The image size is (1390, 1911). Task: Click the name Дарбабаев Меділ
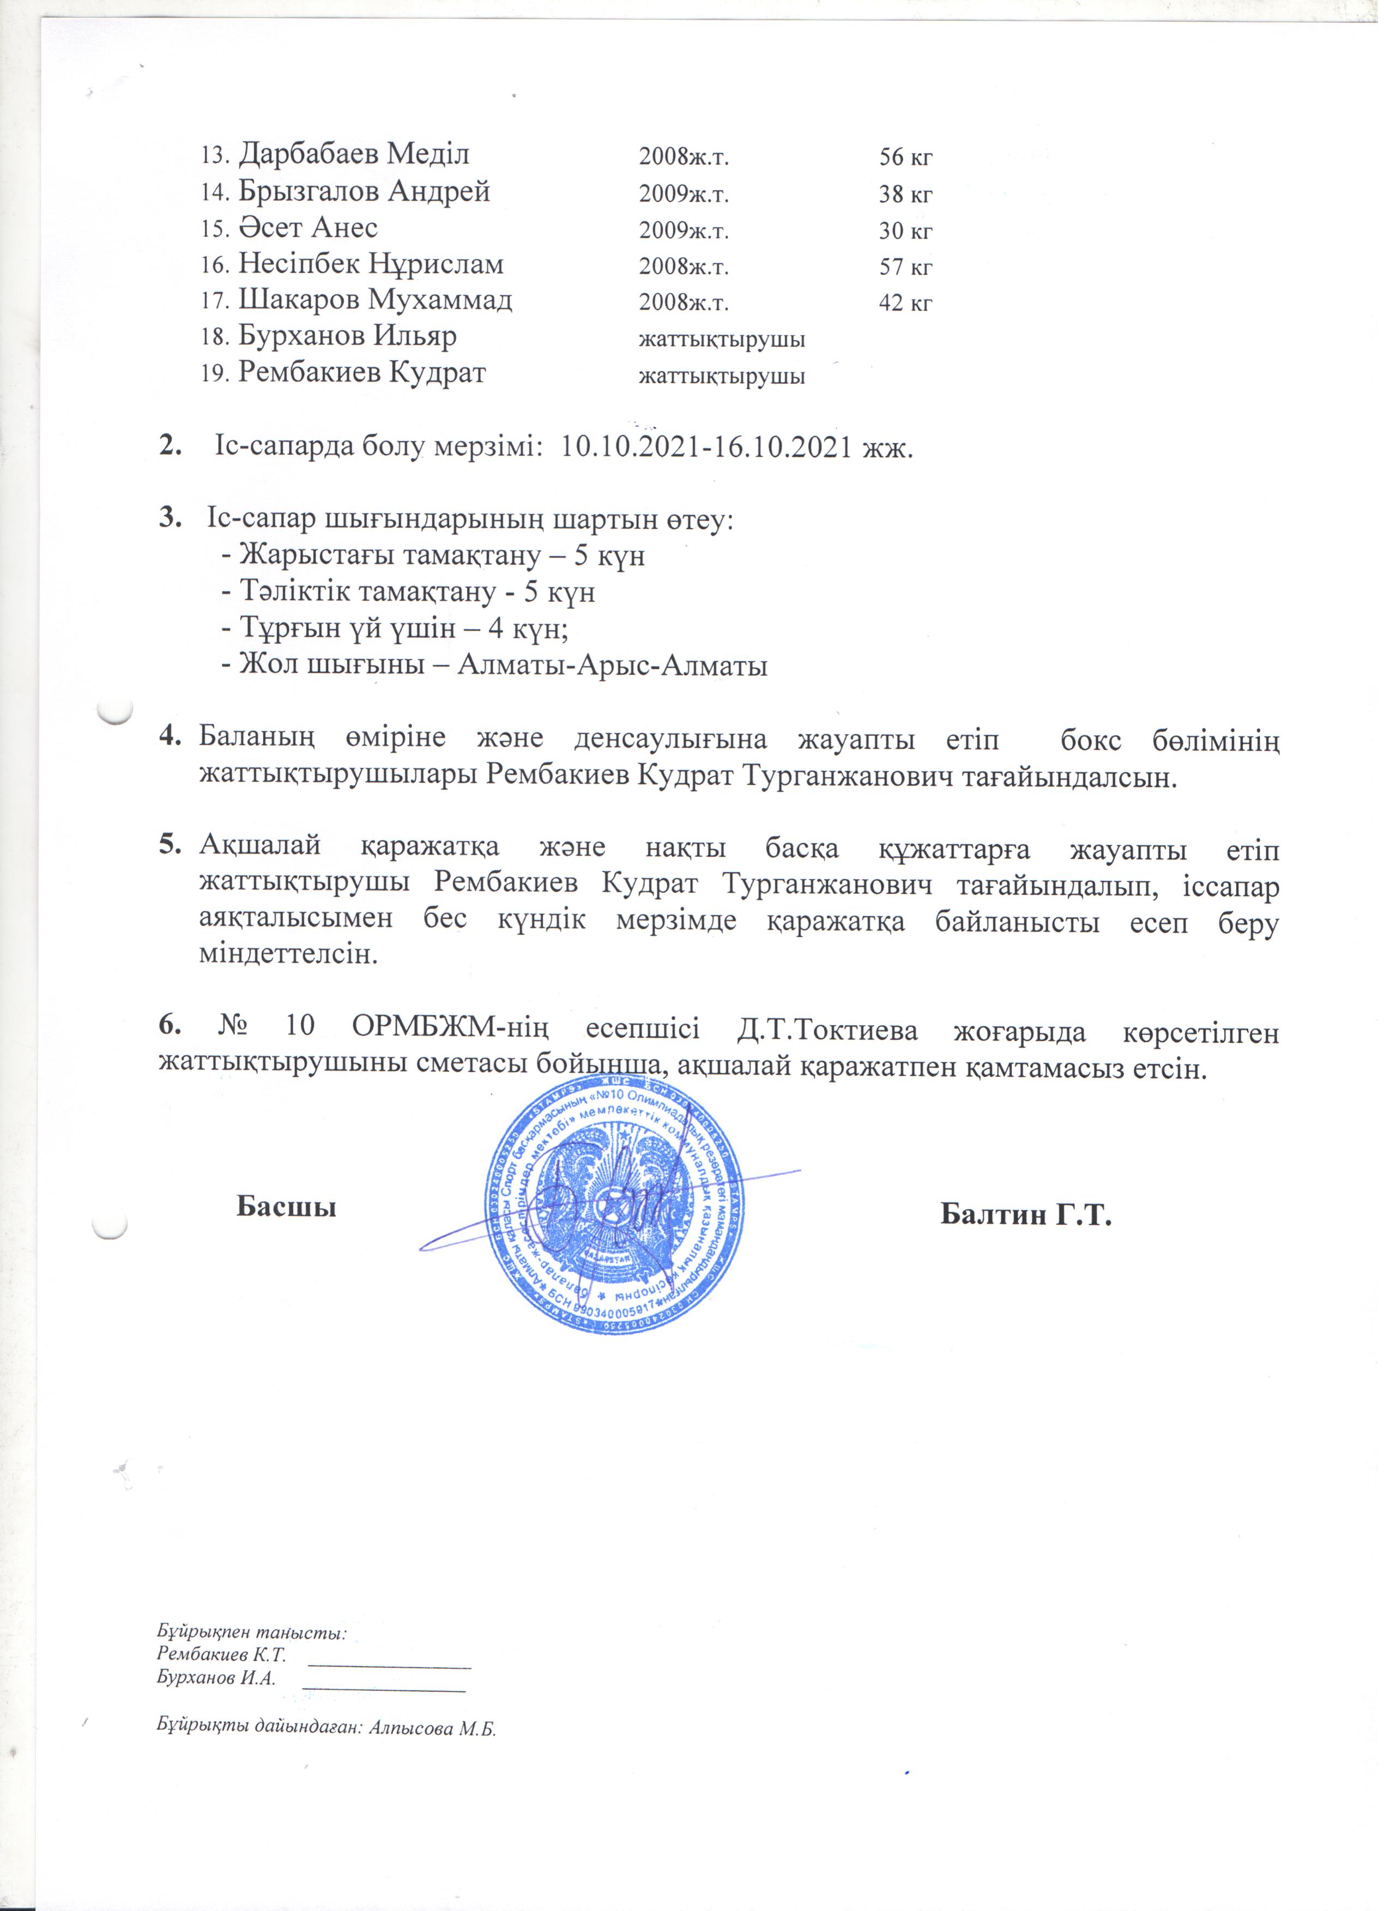pyautogui.click(x=353, y=154)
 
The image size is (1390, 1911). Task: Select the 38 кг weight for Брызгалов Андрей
pyautogui.click(x=905, y=195)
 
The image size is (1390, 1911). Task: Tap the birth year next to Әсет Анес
pyautogui.click(x=683, y=231)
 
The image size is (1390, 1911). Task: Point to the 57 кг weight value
pyautogui.click(x=905, y=267)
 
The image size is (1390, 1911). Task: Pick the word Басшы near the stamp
pyautogui.click(x=286, y=1207)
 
